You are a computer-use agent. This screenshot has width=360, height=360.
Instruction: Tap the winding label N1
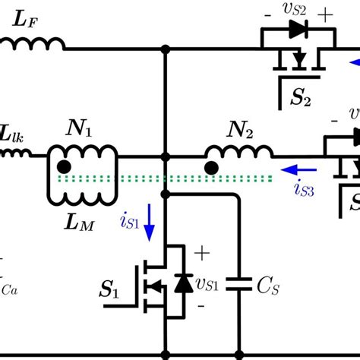coord(80,130)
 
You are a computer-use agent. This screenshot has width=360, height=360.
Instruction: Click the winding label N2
coord(239,130)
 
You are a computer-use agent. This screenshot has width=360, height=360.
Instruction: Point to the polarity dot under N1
coord(65,166)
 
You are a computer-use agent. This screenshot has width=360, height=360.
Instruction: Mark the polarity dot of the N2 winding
coord(212,166)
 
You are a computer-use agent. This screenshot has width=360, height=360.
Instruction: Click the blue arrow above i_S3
coord(292,172)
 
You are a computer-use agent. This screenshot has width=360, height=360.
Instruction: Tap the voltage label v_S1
coord(207,284)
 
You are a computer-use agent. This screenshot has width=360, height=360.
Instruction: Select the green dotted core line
coord(167,179)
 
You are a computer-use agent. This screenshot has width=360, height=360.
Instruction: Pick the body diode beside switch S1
coord(183,283)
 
